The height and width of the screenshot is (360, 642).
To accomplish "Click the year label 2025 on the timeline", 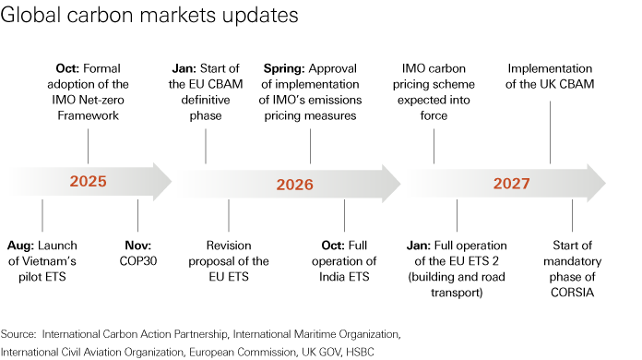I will coord(88,182).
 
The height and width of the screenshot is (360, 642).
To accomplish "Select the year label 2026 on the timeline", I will coord(295,184).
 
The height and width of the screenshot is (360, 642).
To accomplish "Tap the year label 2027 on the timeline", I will coord(511,183).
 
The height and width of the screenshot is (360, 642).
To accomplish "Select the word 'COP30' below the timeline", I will coord(137,261).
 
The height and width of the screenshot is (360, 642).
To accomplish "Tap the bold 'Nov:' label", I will coord(137,246).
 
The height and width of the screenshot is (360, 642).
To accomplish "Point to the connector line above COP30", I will coord(137,215).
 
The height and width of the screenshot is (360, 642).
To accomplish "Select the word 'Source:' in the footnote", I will coord(18,332).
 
